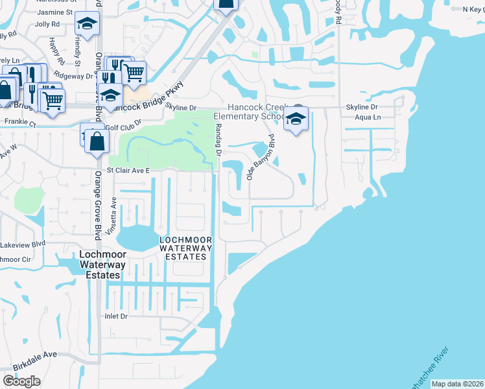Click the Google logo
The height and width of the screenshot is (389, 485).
[22, 381]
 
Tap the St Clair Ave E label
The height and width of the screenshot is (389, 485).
[128, 170]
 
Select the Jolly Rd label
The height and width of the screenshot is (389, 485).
[47, 24]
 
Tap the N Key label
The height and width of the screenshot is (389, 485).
[472, 9]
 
